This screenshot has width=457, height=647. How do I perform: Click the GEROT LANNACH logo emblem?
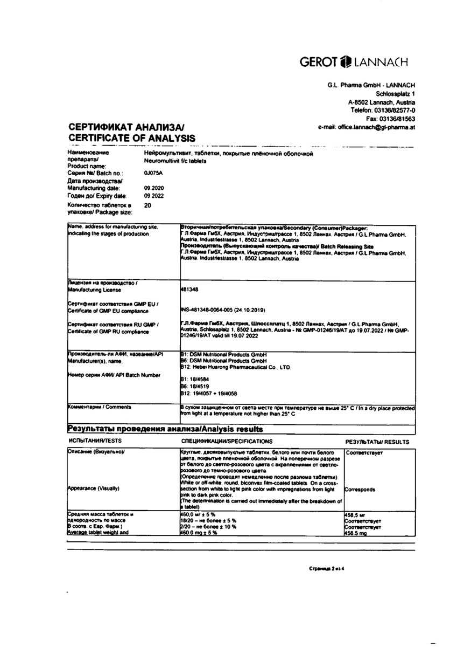344,61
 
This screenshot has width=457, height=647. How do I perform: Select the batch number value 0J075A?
153,173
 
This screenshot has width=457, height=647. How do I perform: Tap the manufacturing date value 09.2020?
153,188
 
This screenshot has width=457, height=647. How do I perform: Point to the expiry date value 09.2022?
153,196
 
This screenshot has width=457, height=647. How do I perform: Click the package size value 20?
148,205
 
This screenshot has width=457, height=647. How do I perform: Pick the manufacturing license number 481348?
190,290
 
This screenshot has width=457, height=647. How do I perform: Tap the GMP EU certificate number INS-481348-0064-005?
226,311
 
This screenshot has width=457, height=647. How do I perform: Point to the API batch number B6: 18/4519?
193,387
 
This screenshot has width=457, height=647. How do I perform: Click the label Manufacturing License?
91,289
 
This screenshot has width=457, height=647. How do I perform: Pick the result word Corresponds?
360,490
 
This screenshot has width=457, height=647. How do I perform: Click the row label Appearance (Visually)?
94,488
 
